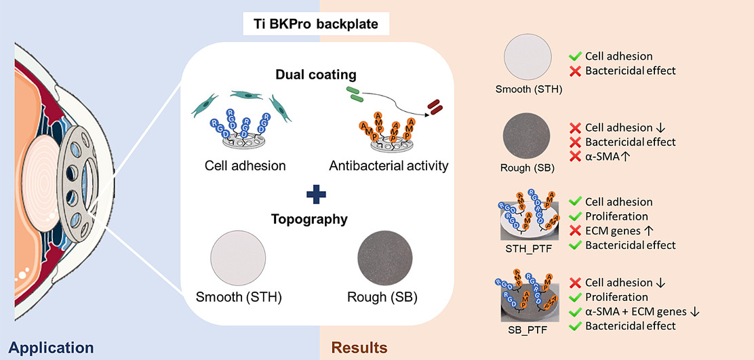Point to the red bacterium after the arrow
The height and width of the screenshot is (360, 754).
click(x=433, y=106)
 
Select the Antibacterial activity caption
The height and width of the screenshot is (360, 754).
click(x=389, y=165)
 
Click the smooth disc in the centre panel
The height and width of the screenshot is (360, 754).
click(x=238, y=259)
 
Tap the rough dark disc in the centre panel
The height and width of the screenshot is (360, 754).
click(x=385, y=259)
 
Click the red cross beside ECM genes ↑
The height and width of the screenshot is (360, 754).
click(x=576, y=231)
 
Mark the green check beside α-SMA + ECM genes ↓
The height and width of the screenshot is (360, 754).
click(x=576, y=311)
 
